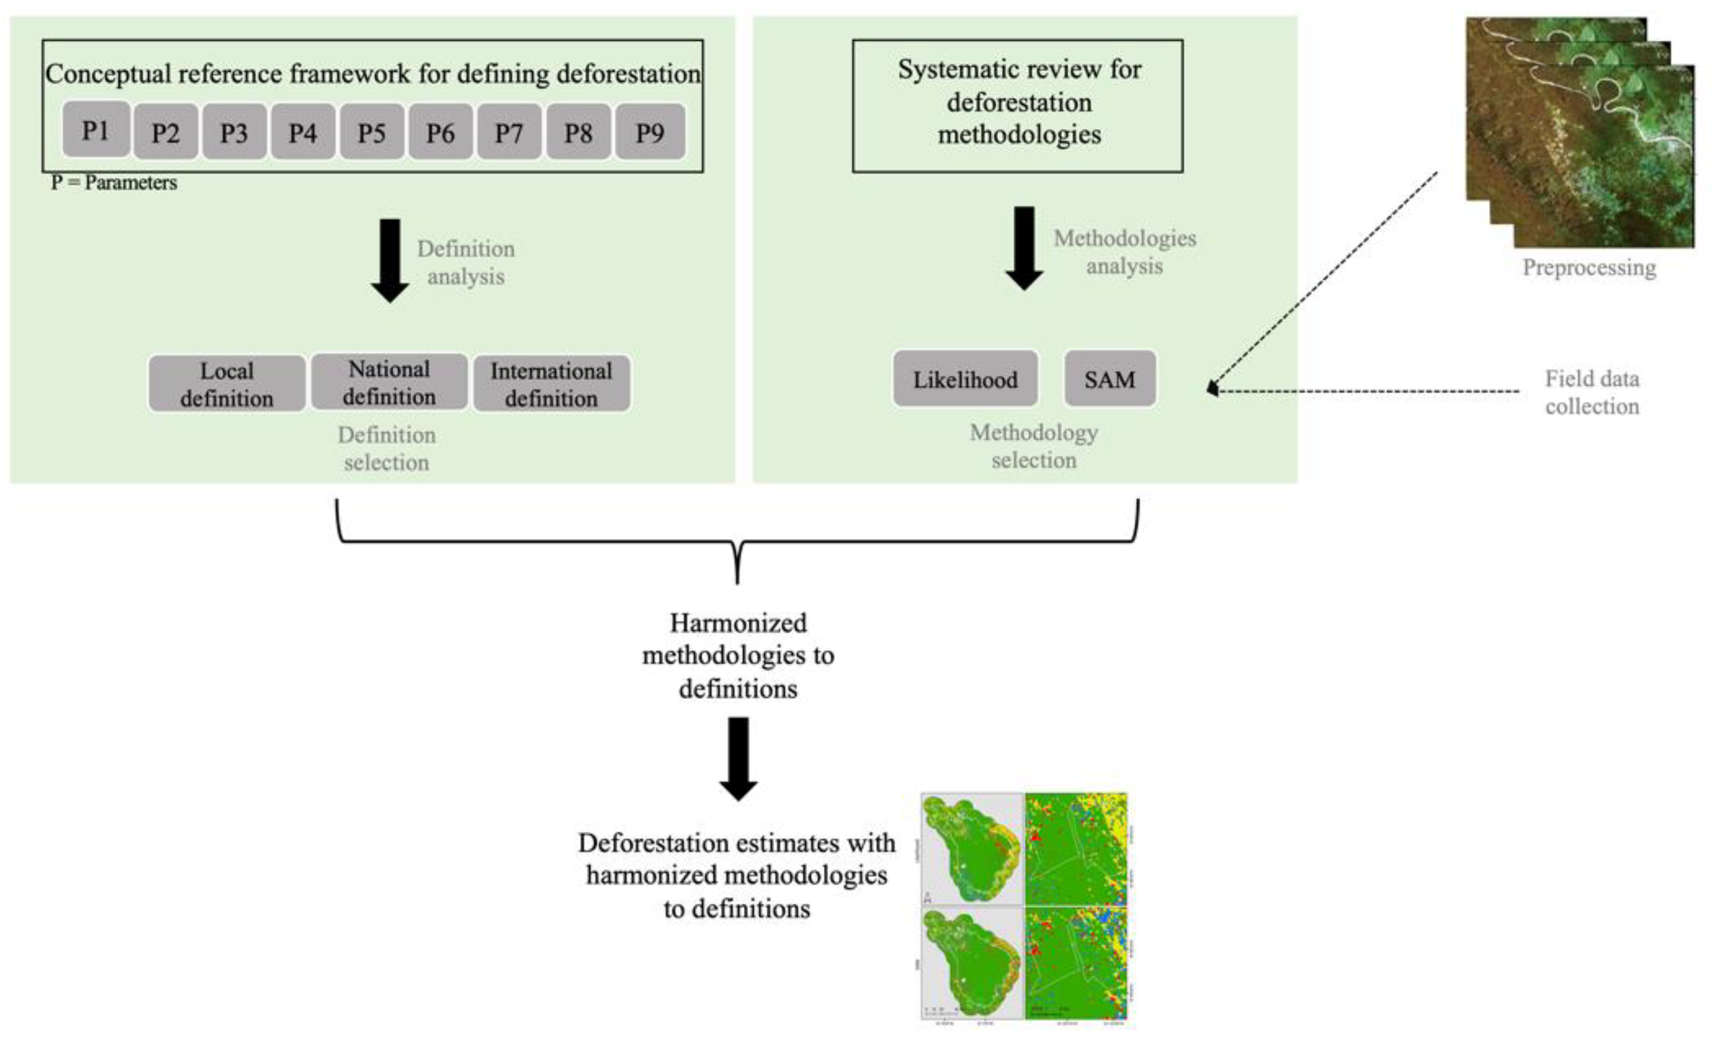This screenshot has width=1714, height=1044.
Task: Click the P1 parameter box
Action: tap(96, 129)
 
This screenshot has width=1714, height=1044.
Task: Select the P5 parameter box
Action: tap(372, 132)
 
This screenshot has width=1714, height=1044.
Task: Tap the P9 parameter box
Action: tap(650, 132)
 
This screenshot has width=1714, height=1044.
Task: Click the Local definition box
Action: tap(226, 383)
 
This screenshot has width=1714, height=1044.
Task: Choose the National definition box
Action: tap(389, 382)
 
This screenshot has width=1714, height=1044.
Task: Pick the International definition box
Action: tap(552, 383)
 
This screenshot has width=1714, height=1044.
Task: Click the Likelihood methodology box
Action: tap(965, 380)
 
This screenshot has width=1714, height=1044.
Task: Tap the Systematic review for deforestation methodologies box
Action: tap(1018, 104)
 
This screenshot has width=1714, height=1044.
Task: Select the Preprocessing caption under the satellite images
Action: tap(1589, 267)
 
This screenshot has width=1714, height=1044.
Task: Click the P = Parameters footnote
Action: tap(114, 183)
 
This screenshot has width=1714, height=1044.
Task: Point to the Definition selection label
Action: tap(387, 448)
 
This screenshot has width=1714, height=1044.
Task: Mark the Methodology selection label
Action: tap(1034, 446)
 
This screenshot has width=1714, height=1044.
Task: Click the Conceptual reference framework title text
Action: tap(373, 73)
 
